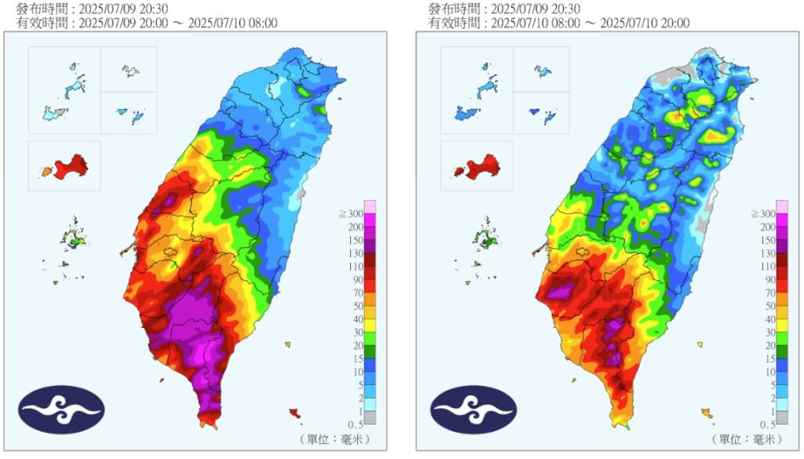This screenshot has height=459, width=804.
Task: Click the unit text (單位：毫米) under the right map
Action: pyautogui.click(x=745, y=438)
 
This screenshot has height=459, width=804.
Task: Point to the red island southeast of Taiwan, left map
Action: pyautogui.click(x=295, y=412)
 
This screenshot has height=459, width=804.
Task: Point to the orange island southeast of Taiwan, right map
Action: pyautogui.click(x=707, y=412)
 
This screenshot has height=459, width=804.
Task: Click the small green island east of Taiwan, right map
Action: pyautogui.click(x=700, y=344)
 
